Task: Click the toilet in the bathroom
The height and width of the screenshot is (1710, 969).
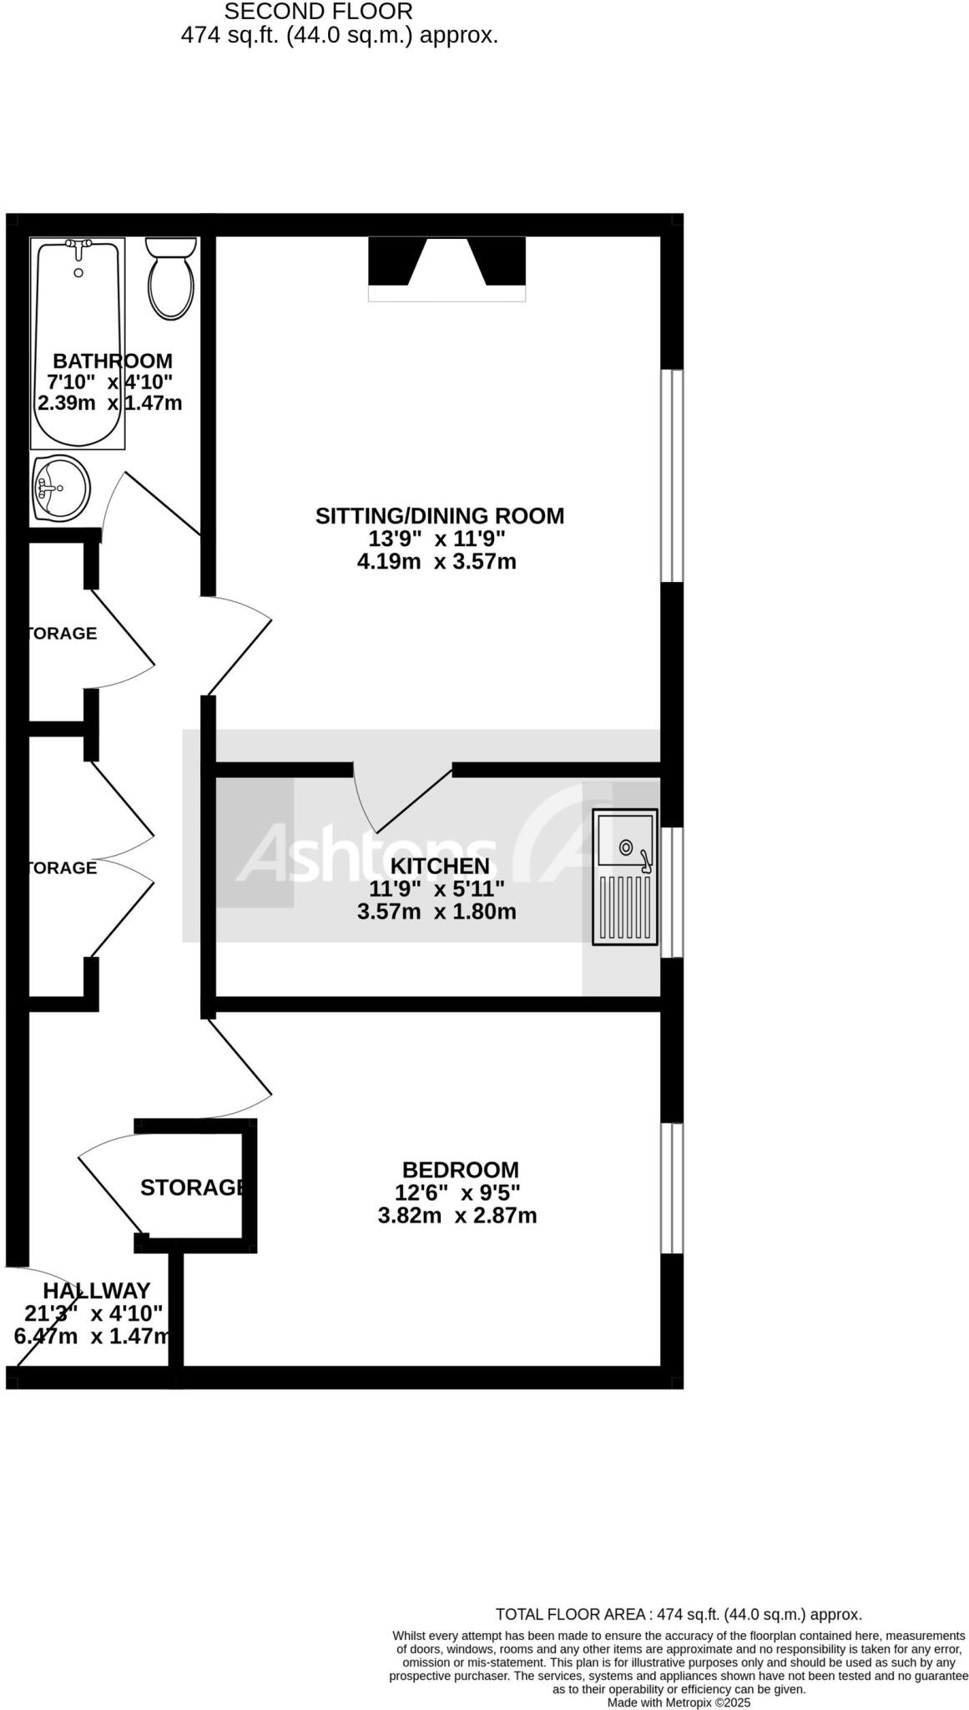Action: [x=170, y=279]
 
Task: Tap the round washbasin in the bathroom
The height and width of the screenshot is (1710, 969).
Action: [x=60, y=488]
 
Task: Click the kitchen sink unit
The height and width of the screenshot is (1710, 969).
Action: [x=624, y=877]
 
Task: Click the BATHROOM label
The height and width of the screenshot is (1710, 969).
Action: [x=113, y=362]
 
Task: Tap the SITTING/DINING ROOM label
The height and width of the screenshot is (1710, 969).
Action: [x=440, y=516]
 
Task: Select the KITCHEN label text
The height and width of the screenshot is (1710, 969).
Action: [x=440, y=866]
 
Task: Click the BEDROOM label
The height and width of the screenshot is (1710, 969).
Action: [x=460, y=1170]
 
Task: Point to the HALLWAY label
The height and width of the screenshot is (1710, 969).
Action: [x=97, y=1291]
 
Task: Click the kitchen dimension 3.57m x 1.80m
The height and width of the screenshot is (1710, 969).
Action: [x=437, y=912]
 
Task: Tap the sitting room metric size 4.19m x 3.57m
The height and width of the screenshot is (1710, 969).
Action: [x=437, y=562]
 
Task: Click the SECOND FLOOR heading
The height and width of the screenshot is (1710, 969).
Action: [x=318, y=12]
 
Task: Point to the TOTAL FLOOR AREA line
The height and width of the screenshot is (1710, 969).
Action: [x=679, y=1615]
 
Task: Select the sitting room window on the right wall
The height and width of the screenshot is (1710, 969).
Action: [x=672, y=475]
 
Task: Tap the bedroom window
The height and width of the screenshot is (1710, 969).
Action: [x=672, y=1188]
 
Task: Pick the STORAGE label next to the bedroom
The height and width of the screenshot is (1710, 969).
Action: [x=193, y=1187]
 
